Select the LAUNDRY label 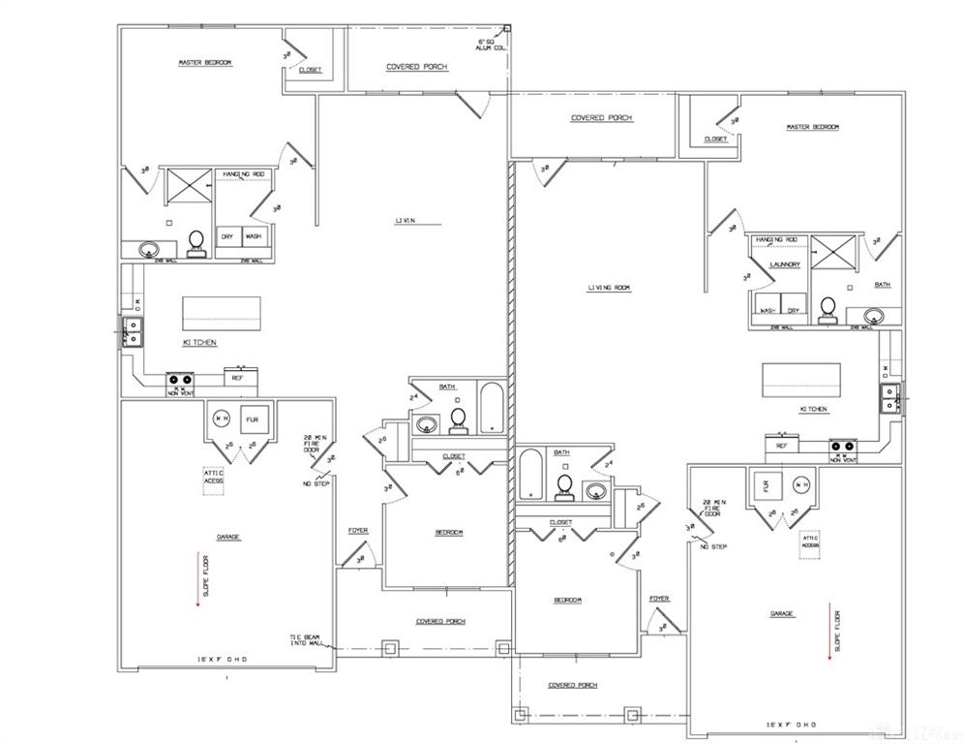(x=784, y=263)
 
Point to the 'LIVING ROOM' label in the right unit (x=610, y=288)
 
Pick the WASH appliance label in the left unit (x=253, y=236)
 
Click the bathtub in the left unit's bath (x=491, y=407)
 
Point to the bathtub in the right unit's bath (x=529, y=474)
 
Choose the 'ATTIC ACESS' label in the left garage (x=213, y=477)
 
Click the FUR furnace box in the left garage (x=254, y=419)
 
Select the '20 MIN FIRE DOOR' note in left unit (x=312, y=443)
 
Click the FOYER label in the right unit (x=660, y=599)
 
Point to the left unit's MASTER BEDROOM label (x=205, y=63)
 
